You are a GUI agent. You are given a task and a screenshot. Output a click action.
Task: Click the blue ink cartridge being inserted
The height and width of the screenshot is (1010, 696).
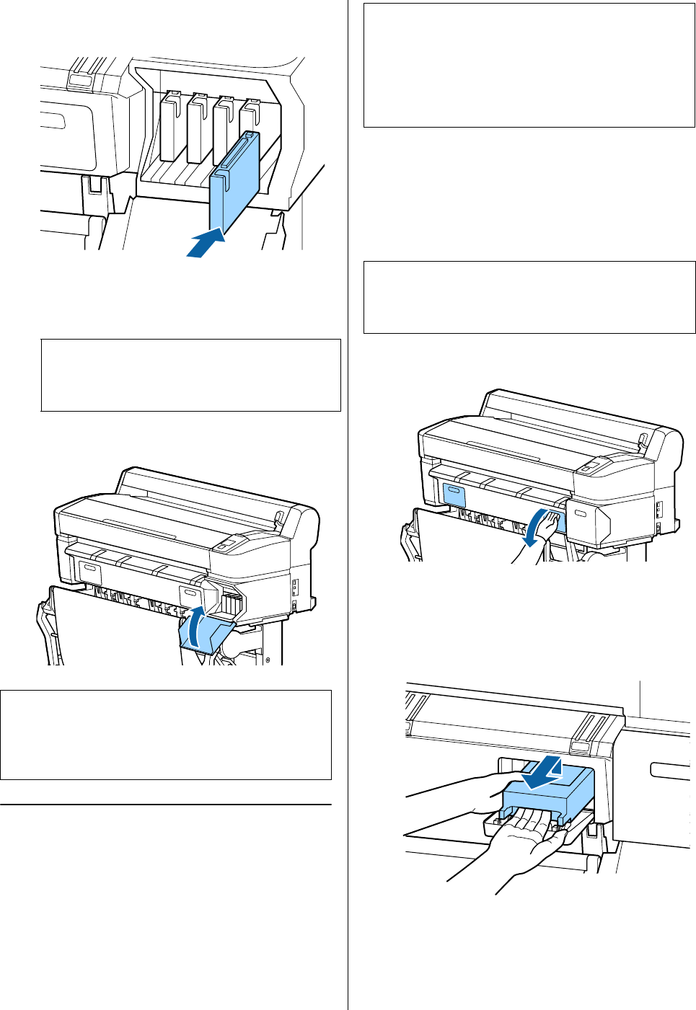234,180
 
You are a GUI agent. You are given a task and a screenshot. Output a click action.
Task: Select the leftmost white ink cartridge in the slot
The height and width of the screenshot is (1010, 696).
171,126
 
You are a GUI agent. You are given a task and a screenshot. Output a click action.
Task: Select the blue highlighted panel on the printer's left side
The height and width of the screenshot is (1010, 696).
455,495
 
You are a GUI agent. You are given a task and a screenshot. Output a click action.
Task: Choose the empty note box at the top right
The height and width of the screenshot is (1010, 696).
529,65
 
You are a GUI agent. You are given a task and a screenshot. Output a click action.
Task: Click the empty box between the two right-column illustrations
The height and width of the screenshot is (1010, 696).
529,297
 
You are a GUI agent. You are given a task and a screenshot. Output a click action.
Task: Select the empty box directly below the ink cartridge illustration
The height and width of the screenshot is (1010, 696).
190,375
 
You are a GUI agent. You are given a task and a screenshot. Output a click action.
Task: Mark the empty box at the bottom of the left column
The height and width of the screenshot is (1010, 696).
166,735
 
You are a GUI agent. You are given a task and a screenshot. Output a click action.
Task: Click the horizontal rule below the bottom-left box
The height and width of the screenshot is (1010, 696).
166,804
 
